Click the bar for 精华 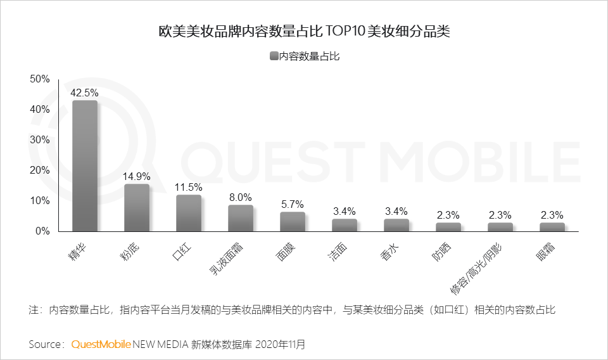pyautogui.click(x=85, y=166)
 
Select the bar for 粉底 pyautogui.click(x=137, y=208)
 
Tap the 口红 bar pyautogui.click(x=189, y=213)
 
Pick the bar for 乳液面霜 pyautogui.click(x=241, y=218)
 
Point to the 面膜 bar pyautogui.click(x=293, y=222)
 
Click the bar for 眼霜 pyautogui.click(x=552, y=227)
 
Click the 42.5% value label pyautogui.click(x=84, y=93)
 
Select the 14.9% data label pyautogui.click(x=136, y=177)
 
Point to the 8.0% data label pyautogui.click(x=240, y=197)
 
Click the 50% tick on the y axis pyautogui.click(x=40, y=79)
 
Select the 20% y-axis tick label pyautogui.click(x=40, y=170)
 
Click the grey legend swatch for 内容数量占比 pyautogui.click(x=274, y=56)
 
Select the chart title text pyautogui.click(x=304, y=31)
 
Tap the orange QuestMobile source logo pyautogui.click(x=101, y=344)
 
